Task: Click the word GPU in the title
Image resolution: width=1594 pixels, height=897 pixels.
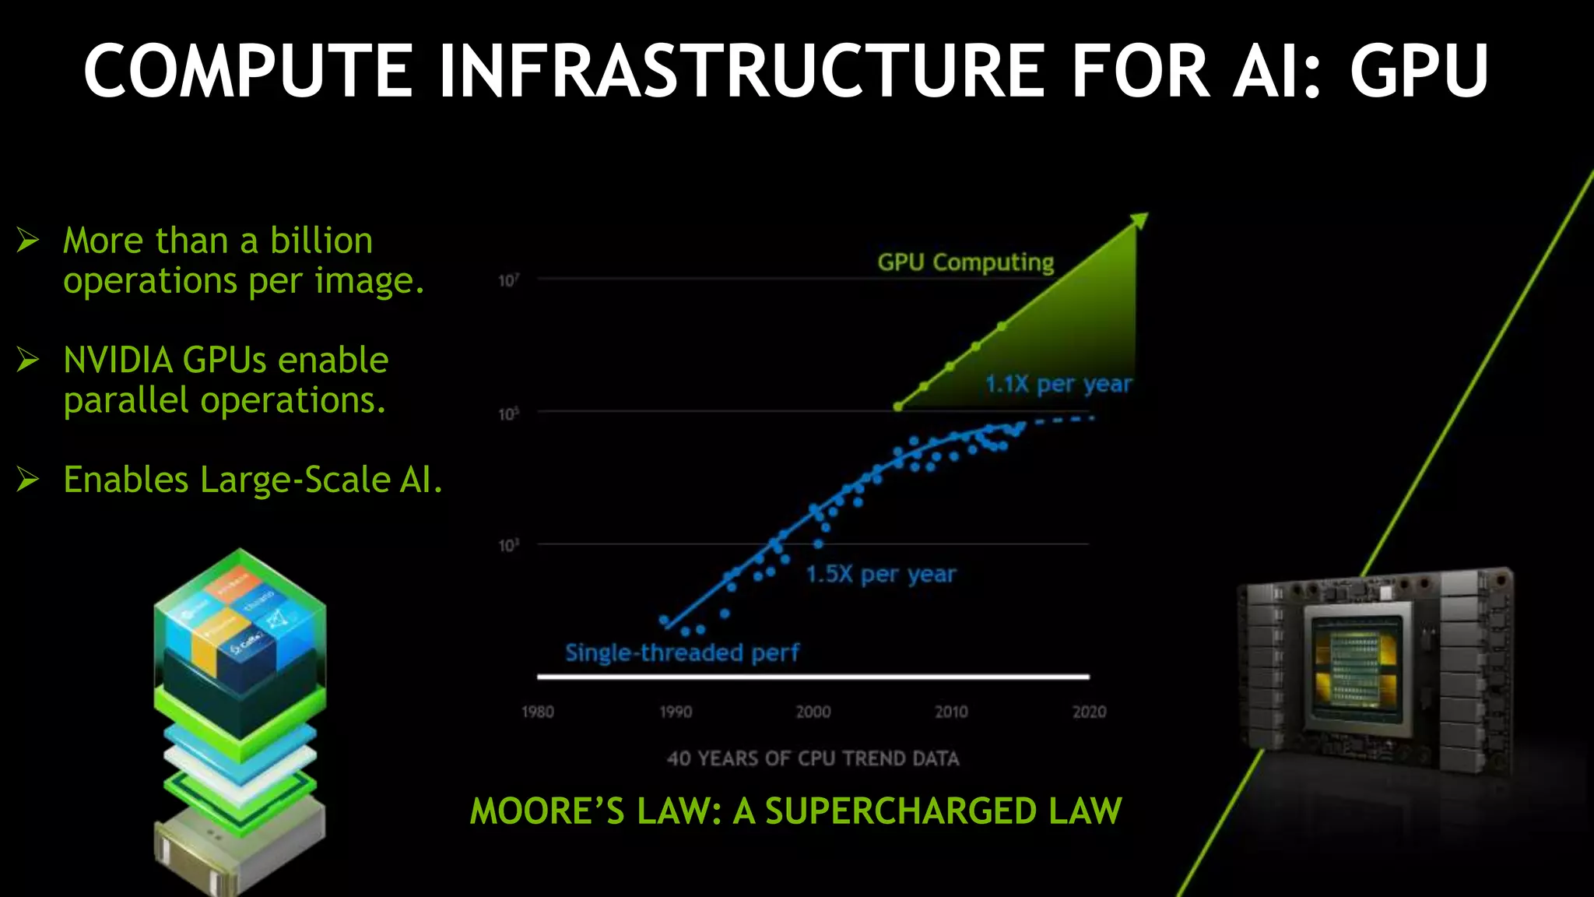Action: point(1418,71)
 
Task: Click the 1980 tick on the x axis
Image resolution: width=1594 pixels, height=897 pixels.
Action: point(538,712)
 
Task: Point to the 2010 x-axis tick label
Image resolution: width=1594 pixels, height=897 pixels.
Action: point(951,712)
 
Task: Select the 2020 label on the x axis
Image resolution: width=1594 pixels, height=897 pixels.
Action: point(1089,712)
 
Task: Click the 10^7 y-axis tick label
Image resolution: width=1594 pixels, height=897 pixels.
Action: point(508,280)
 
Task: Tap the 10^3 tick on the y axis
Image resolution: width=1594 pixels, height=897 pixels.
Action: point(508,545)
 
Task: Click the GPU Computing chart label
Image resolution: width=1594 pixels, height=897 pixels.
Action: point(965,262)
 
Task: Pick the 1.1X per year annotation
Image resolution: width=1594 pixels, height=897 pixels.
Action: point(1058,384)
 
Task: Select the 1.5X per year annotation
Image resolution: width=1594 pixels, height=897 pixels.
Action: point(880,575)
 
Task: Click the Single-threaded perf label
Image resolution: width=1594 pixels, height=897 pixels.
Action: point(682,653)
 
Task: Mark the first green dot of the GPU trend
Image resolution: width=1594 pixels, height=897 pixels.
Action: point(898,406)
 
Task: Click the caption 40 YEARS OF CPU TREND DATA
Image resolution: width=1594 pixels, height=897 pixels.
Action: point(813,758)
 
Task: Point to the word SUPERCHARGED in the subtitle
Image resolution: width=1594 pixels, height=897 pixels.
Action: point(902,811)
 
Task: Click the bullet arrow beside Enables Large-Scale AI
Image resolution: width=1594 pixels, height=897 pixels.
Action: point(28,479)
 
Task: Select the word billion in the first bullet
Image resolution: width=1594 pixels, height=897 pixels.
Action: point(321,241)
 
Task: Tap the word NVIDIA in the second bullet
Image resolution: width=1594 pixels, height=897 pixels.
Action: point(118,361)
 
